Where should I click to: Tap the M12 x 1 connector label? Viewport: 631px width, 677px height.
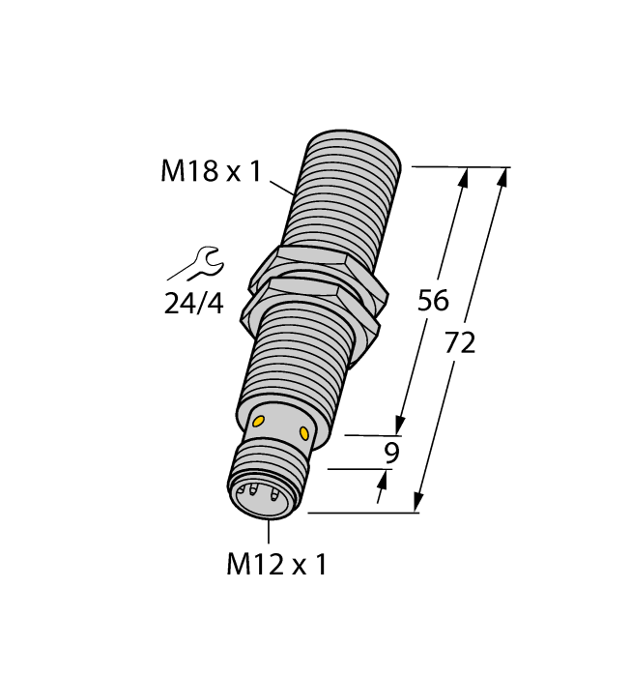[276, 564]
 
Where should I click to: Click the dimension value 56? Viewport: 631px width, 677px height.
[433, 302]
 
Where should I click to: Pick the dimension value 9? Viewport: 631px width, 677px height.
[391, 453]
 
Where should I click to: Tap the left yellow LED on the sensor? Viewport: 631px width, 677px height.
[260, 421]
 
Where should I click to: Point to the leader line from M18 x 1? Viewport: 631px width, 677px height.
[280, 187]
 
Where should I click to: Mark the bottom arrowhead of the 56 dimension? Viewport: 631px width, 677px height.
[399, 425]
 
